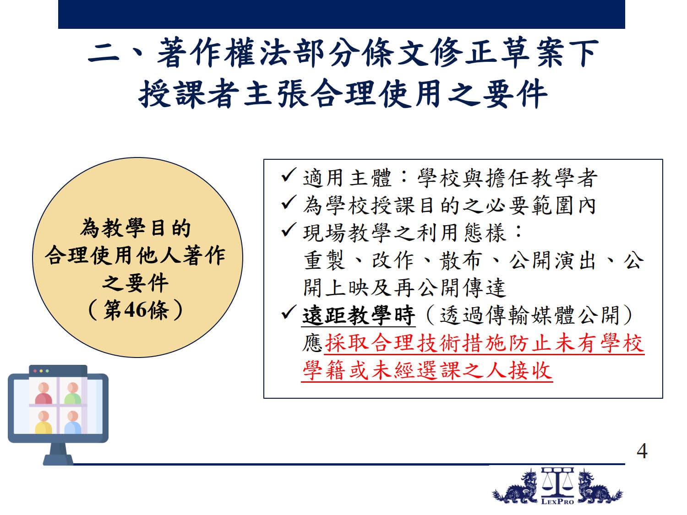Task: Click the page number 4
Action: (642, 451)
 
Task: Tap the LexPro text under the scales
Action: (557, 502)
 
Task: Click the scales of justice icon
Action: (557, 482)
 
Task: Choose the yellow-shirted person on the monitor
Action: (44, 422)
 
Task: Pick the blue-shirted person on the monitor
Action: (73, 422)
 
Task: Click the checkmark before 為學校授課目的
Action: (288, 203)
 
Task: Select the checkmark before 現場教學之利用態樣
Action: (288, 230)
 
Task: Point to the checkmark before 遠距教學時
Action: (288, 312)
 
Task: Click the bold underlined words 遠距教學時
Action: (359, 315)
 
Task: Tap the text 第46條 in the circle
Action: (136, 310)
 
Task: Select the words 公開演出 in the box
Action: (553, 260)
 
